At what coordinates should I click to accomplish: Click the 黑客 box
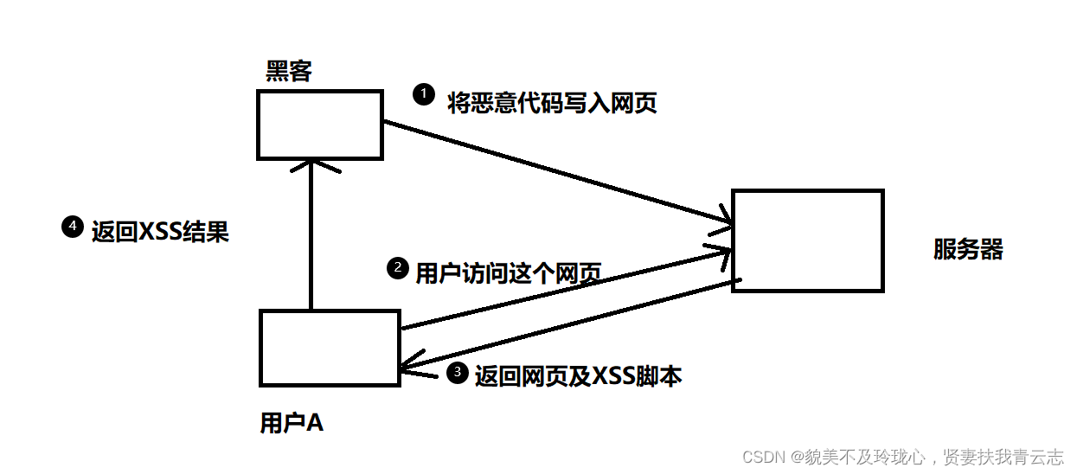pyautogui.click(x=320, y=125)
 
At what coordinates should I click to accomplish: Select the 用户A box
pyautogui.click(x=330, y=347)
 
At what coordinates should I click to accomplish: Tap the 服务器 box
pyautogui.click(x=807, y=240)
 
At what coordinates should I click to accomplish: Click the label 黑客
pyautogui.click(x=289, y=71)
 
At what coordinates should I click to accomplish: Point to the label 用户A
pyautogui.click(x=292, y=423)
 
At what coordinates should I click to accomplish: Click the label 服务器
pyautogui.click(x=968, y=250)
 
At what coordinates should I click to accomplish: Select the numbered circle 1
pyautogui.click(x=423, y=93)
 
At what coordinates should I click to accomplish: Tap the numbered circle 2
pyautogui.click(x=396, y=268)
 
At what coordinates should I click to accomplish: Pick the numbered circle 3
pyautogui.click(x=456, y=373)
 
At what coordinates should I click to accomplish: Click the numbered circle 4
pyautogui.click(x=73, y=227)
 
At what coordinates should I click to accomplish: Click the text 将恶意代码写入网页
pyautogui.click(x=552, y=104)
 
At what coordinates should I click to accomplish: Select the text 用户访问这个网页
pyautogui.click(x=508, y=274)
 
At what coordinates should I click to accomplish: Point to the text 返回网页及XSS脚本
pyautogui.click(x=578, y=376)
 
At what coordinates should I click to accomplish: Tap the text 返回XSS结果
pyautogui.click(x=160, y=232)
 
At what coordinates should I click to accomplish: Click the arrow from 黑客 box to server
pyautogui.click(x=554, y=173)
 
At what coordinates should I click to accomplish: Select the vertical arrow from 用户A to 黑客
pyautogui.click(x=311, y=242)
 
